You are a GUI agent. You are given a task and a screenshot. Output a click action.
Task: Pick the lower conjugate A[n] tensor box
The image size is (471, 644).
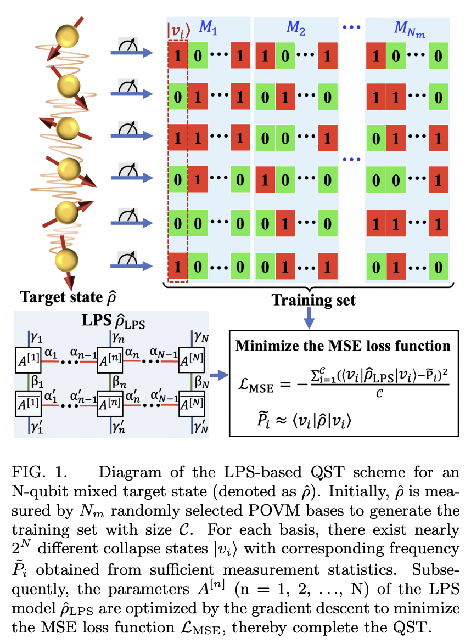(109, 406)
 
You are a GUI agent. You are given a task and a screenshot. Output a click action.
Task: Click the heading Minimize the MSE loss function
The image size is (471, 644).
(343, 347)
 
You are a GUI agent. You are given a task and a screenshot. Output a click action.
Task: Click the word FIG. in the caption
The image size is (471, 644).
(27, 473)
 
